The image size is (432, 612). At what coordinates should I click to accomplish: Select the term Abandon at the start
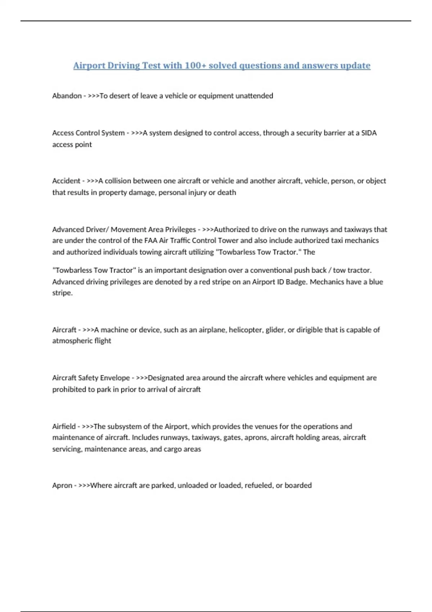tap(67, 96)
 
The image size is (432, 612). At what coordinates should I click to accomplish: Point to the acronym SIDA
tap(369, 133)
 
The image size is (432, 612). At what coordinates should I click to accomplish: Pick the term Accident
tap(66, 181)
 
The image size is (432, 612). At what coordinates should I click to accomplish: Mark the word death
tap(226, 192)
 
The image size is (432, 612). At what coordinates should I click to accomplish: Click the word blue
tap(376, 282)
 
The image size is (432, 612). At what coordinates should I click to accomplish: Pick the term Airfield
tap(64, 426)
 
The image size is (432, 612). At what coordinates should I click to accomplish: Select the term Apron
tap(62, 485)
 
